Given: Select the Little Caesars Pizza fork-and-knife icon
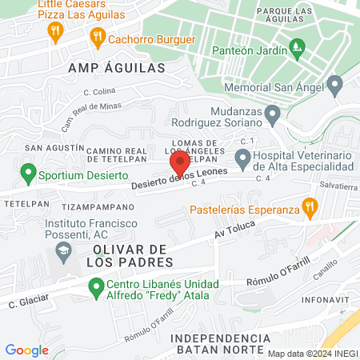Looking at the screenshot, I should [55, 32].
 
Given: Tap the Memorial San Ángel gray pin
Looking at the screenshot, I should [334, 83].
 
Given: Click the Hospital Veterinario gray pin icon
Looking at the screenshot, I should [242, 157].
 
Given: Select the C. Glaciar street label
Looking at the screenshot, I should [24, 302].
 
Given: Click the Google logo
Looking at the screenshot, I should [26, 350].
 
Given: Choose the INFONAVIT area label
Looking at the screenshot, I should [326, 301].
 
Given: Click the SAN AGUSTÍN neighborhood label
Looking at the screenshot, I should [54, 148].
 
